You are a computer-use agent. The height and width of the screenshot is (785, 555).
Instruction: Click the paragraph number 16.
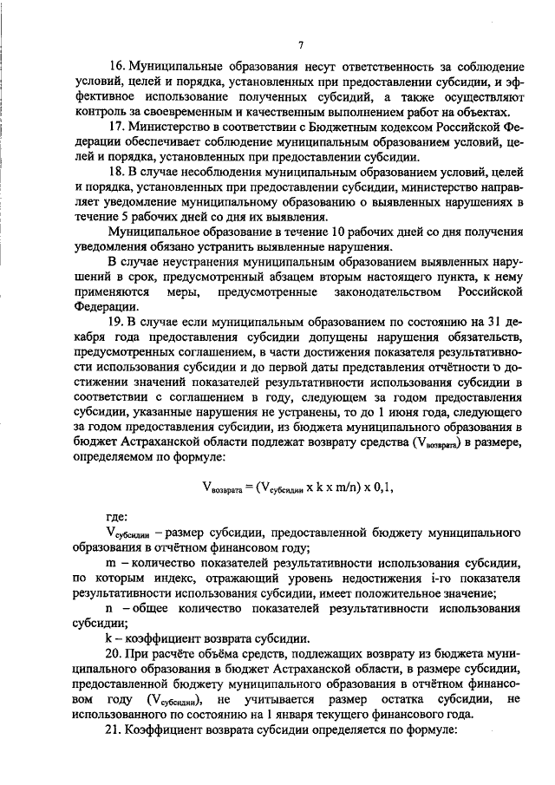(116, 67)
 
